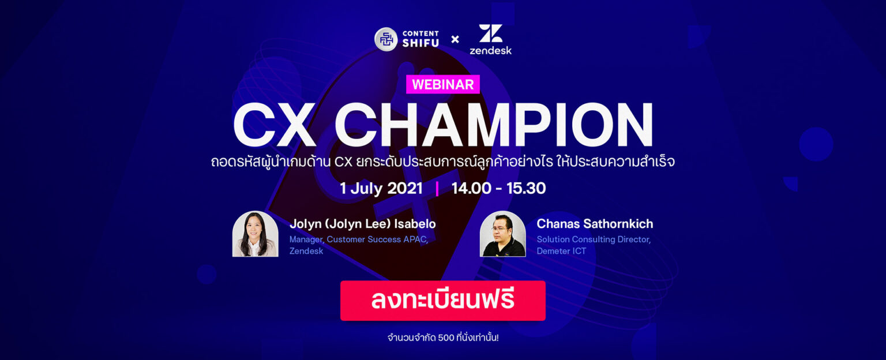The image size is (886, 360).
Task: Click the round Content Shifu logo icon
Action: click(x=386, y=39)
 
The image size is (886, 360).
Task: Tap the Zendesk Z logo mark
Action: click(x=490, y=33)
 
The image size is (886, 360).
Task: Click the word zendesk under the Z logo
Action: click(x=490, y=50)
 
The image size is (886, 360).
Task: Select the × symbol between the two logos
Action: click(x=455, y=39)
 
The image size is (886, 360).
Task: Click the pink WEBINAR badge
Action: click(x=443, y=84)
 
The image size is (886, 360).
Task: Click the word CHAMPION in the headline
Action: click(x=494, y=125)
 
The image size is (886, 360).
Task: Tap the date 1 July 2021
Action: click(x=381, y=189)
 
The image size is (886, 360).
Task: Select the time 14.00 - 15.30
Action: click(x=498, y=189)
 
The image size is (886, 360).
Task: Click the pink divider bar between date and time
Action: click(x=437, y=189)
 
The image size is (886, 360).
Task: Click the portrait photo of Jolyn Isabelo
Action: click(x=255, y=234)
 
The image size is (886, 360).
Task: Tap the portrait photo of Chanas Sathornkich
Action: click(x=502, y=234)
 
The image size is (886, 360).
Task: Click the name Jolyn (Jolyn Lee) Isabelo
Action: click(x=362, y=224)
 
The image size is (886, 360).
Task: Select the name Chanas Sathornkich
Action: click(x=595, y=224)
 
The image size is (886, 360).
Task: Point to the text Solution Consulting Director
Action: click(x=594, y=239)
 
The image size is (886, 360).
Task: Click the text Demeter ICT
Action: click(x=561, y=251)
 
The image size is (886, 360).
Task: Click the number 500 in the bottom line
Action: click(x=446, y=337)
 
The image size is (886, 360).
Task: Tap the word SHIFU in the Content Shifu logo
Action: click(x=421, y=44)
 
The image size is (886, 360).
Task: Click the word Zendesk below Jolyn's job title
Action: click(x=306, y=251)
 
